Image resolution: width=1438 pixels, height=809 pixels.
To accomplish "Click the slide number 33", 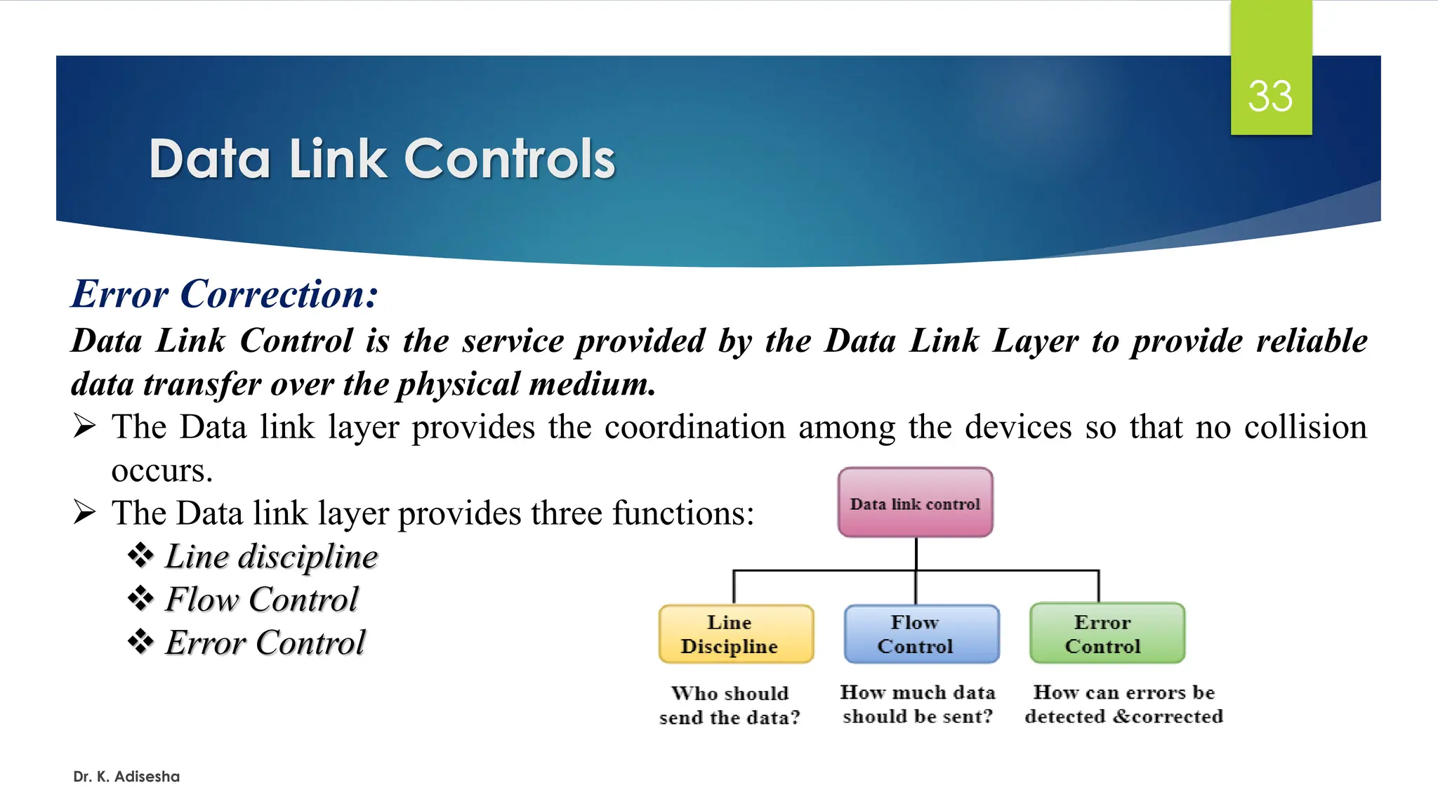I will click(1270, 96).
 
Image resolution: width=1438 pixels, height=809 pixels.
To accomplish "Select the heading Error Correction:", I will click(225, 294).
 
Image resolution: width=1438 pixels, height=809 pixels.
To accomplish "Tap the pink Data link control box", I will click(915, 503).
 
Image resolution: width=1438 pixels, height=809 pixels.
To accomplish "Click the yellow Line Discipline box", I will click(736, 633).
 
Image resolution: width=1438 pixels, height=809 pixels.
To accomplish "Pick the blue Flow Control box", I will click(921, 633).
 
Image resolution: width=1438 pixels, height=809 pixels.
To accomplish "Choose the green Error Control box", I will click(1107, 633).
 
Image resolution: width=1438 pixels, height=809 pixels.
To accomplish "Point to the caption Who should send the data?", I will click(730, 705).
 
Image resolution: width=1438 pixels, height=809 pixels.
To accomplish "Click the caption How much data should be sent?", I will click(918, 704).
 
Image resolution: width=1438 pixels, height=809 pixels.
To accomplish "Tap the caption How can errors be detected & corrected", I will click(1123, 704).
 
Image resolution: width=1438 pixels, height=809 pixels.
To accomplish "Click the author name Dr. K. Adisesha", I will click(126, 777).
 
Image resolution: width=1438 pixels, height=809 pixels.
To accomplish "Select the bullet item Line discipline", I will click(271, 557).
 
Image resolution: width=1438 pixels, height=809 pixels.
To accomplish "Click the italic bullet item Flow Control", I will click(261, 600).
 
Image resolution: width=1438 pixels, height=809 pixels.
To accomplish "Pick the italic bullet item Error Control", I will click(265, 643).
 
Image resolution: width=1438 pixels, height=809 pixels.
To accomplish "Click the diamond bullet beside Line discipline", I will click(140, 555).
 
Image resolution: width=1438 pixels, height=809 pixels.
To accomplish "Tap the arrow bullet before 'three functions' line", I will click(84, 513).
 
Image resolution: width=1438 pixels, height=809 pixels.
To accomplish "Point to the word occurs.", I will click(161, 471).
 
